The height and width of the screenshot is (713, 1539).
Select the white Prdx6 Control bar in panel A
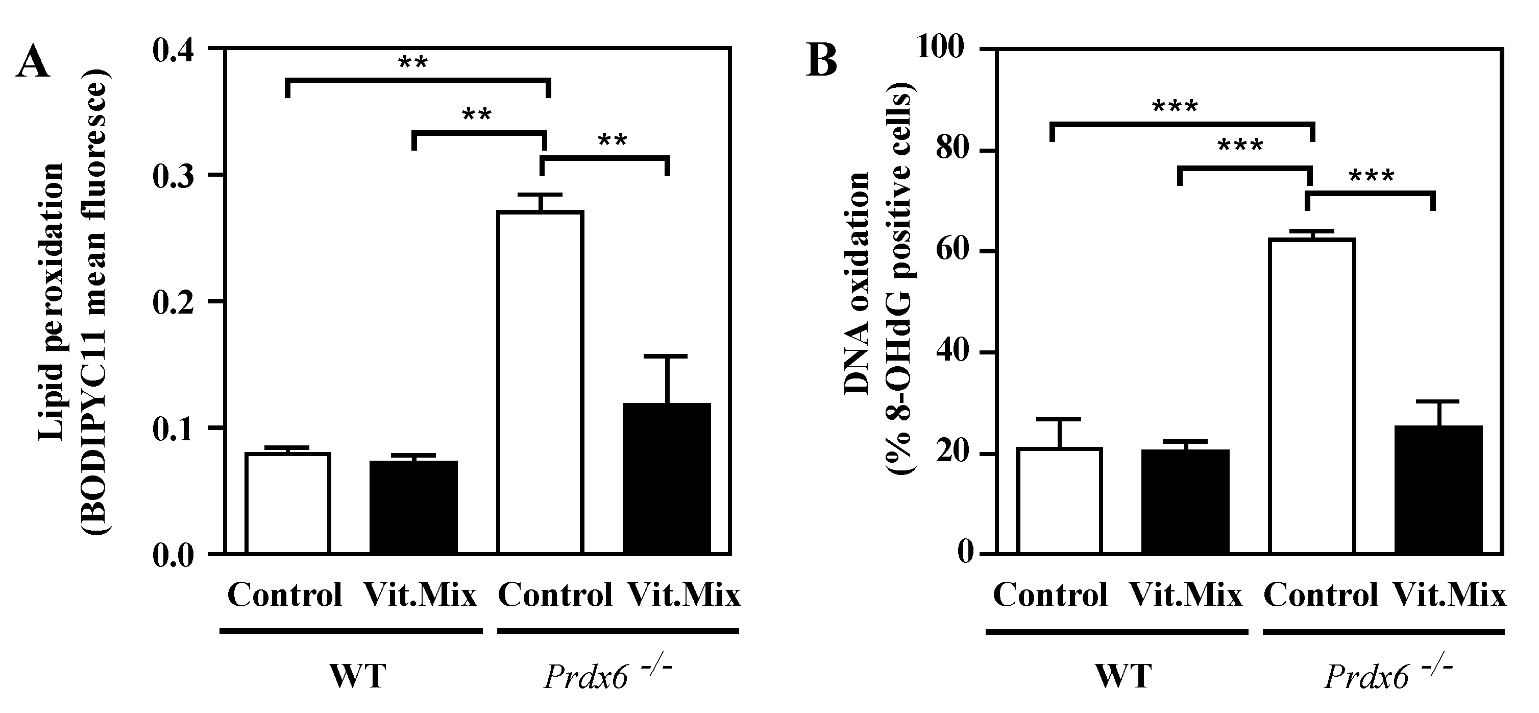[x=540, y=383]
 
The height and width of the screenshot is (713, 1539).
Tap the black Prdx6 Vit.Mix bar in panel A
[x=667, y=478]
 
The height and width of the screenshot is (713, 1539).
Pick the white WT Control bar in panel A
[x=287, y=503]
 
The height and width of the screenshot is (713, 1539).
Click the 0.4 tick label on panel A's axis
[x=173, y=50]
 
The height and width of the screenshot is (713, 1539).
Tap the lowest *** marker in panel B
[x=1372, y=176]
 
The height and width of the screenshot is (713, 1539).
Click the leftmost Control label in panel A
[x=285, y=595]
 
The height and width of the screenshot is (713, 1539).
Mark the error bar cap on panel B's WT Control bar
[x=1059, y=419]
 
